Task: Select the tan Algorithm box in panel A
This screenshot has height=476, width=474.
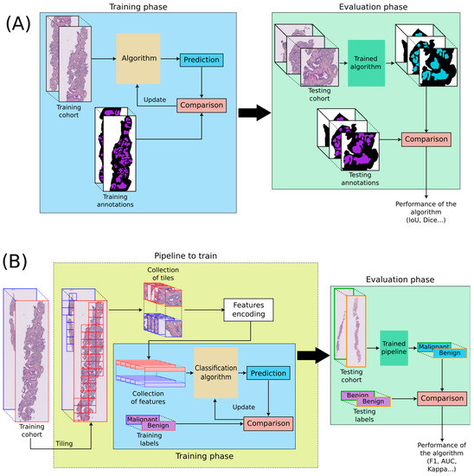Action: [x=138, y=58]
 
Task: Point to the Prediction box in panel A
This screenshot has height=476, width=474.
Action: [x=201, y=60]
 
